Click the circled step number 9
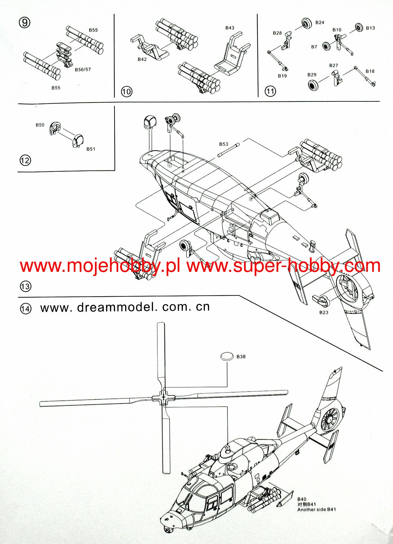click(x=24, y=23)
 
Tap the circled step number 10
click(x=126, y=91)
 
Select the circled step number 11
click(x=270, y=91)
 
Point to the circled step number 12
click(x=25, y=161)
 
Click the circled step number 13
click(x=25, y=287)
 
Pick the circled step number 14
click(x=26, y=309)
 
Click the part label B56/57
click(x=82, y=70)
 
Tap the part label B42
click(x=142, y=59)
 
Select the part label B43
click(x=230, y=28)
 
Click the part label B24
click(x=320, y=22)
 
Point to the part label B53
click(x=223, y=144)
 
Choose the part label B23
click(x=324, y=312)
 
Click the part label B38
click(x=241, y=357)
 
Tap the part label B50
click(x=40, y=125)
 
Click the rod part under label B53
click(x=229, y=150)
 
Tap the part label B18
click(x=370, y=71)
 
